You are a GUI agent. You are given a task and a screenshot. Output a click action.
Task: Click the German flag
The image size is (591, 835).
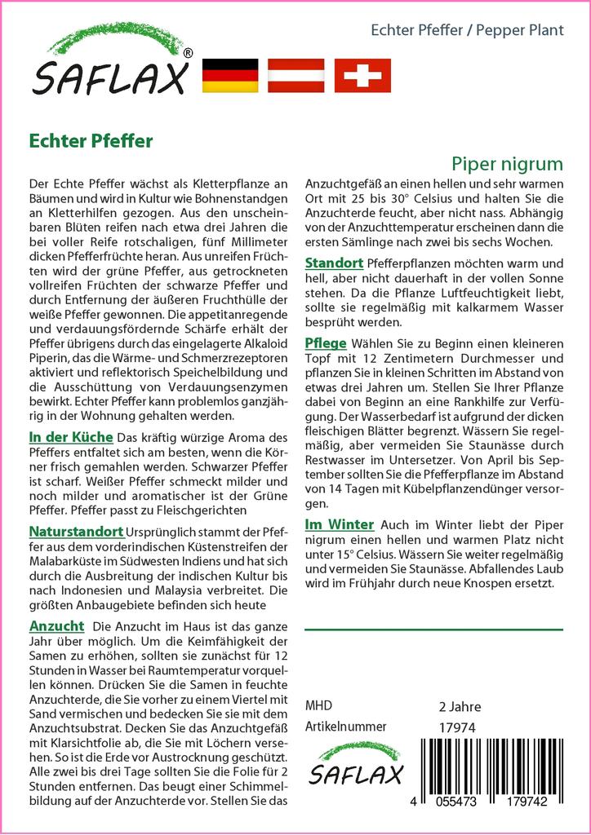click(229, 75)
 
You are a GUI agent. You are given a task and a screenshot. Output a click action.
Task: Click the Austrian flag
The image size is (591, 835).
click(297, 75)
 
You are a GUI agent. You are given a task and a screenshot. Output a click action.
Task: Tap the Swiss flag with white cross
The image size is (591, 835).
click(362, 75)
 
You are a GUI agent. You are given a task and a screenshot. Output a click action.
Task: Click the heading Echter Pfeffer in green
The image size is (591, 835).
click(90, 140)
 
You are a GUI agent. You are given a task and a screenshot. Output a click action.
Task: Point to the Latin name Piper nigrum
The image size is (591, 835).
click(507, 163)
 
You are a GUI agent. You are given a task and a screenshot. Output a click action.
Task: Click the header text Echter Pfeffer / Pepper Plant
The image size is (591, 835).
click(467, 31)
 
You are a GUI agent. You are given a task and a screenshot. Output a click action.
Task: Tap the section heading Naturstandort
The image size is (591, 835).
click(76, 532)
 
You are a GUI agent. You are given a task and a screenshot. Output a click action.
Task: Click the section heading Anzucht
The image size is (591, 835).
click(56, 625)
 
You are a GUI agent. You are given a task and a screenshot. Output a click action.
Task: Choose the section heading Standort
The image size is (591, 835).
click(335, 263)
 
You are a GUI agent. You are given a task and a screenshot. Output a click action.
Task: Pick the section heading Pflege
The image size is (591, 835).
click(326, 342)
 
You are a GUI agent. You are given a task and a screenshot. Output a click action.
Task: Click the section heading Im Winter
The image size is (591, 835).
click(339, 524)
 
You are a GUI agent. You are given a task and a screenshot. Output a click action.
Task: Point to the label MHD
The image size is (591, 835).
click(318, 705)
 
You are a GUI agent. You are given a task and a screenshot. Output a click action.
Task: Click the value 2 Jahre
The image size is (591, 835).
click(460, 706)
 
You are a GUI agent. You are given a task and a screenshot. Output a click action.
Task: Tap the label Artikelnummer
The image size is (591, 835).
click(345, 727)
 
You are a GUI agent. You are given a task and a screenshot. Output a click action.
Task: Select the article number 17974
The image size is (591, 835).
click(456, 727)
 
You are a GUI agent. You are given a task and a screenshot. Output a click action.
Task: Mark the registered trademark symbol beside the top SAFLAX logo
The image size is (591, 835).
click(189, 53)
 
